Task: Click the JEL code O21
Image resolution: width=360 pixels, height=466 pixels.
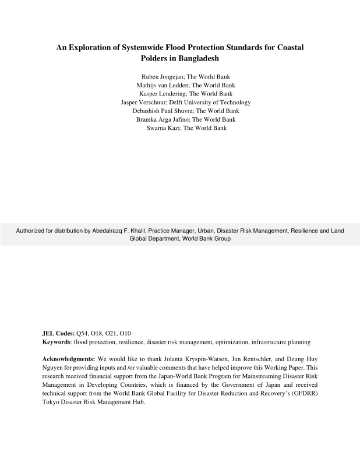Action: click(111, 333)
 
